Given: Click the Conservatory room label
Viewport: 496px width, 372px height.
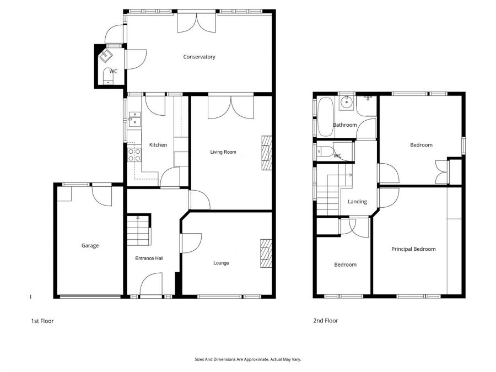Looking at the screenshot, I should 199,57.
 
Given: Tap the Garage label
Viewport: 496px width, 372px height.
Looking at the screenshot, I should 90,246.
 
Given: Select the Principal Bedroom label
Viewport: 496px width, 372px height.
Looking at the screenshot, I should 413,249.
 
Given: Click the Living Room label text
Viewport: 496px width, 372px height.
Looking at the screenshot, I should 223,152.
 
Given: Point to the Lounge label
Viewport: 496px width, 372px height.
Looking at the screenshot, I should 221,263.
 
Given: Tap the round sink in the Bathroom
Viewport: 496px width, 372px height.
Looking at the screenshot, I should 347,102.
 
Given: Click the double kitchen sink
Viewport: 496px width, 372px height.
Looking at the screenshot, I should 134,119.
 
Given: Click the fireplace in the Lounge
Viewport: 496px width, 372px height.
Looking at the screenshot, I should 266,254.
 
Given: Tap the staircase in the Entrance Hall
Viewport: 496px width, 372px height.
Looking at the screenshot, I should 138,230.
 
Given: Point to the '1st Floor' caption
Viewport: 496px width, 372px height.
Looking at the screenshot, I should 42,321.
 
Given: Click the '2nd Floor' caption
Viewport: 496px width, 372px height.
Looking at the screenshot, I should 325,321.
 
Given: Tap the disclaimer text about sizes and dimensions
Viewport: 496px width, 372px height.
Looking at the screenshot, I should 247,359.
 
